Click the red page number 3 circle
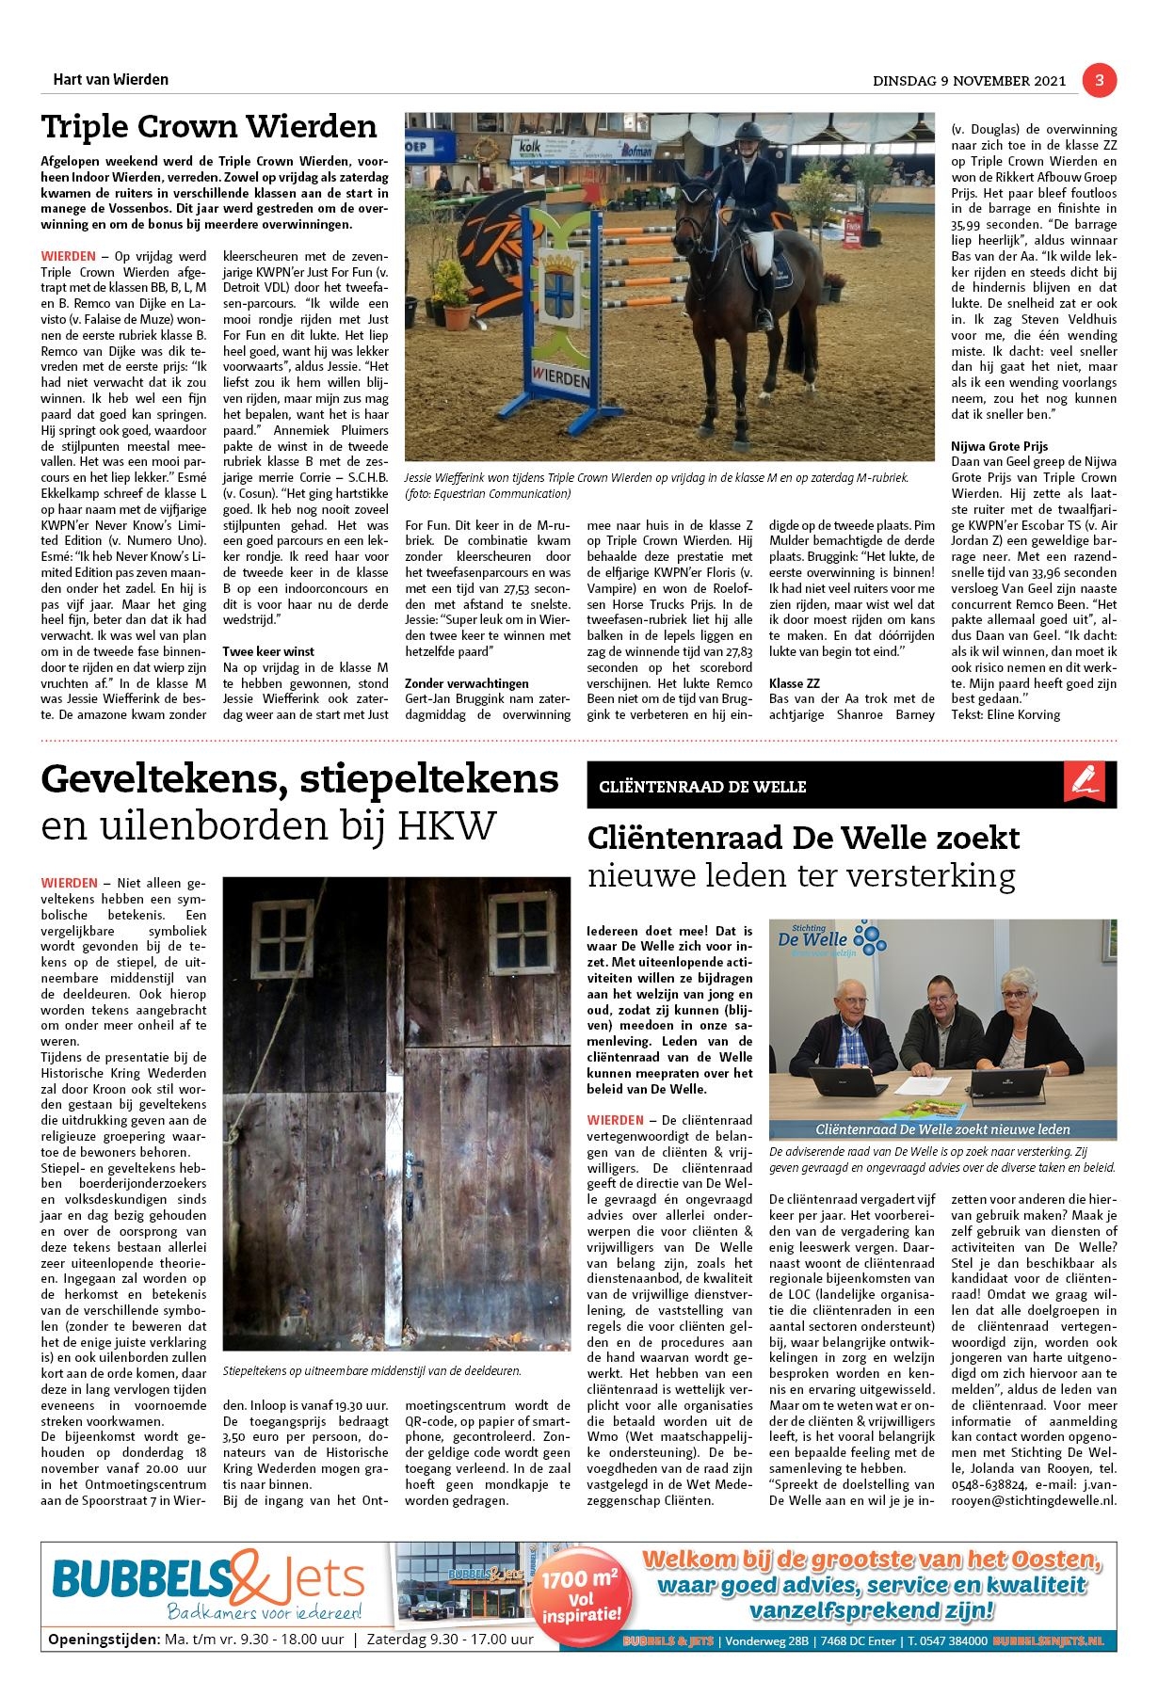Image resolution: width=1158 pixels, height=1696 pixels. pyautogui.click(x=1099, y=81)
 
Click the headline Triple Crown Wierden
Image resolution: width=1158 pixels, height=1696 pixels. pyautogui.click(x=209, y=126)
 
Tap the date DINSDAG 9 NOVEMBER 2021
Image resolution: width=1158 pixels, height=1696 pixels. pyautogui.click(x=970, y=81)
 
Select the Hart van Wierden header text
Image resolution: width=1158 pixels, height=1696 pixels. pyautogui.click(x=111, y=80)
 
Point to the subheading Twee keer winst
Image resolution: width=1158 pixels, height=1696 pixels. pyautogui.click(x=268, y=651)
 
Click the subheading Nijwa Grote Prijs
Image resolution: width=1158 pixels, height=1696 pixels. pyautogui.click(x=999, y=446)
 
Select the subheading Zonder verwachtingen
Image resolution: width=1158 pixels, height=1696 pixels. pyautogui.click(x=466, y=683)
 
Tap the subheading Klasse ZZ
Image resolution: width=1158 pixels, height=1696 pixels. pyautogui.click(x=794, y=683)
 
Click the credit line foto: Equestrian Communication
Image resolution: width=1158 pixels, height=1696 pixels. pyautogui.click(x=488, y=493)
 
